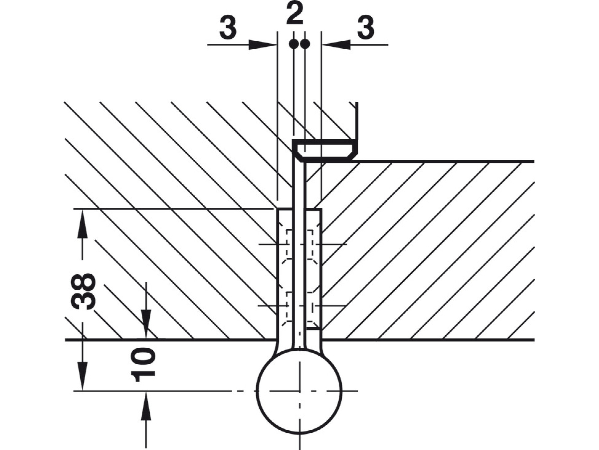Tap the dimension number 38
(x=83, y=291)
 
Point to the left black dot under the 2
(x=294, y=44)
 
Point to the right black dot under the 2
(x=305, y=44)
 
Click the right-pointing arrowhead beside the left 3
(x=263, y=45)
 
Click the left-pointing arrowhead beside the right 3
(x=336, y=45)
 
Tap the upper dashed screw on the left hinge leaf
(x=286, y=245)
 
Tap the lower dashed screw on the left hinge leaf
(x=286, y=306)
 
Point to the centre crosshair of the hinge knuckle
(x=300, y=391)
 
